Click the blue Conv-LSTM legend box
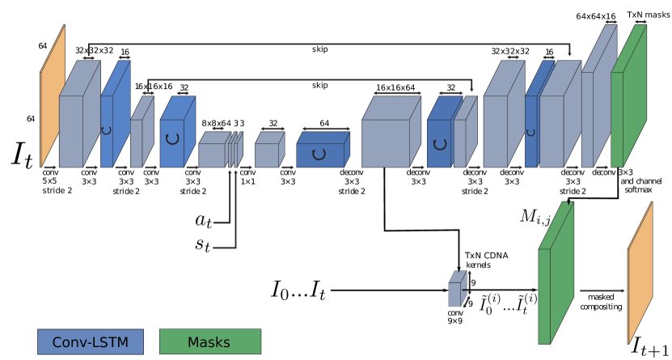(x=90, y=341)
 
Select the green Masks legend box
(x=209, y=341)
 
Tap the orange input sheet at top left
(x=52, y=97)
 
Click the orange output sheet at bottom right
(x=640, y=273)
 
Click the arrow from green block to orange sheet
(x=602, y=290)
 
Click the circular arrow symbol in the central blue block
(x=319, y=154)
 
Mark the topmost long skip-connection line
(x=323, y=44)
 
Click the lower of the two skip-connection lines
(x=307, y=79)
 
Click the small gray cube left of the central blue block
(x=268, y=153)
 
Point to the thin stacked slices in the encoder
(x=235, y=151)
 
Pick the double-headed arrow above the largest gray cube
(x=397, y=94)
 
